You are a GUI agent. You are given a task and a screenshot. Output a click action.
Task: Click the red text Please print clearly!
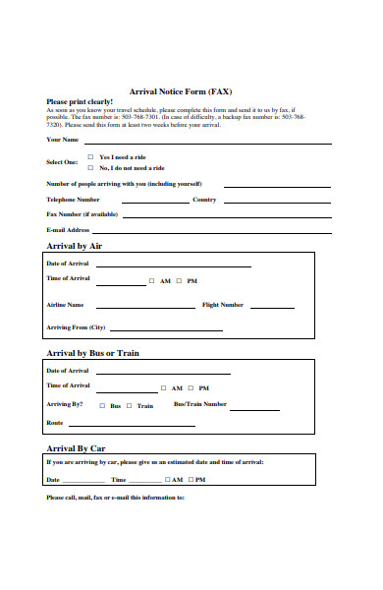pos(80,101)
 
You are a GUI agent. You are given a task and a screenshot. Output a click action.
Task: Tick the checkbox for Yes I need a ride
pos(91,156)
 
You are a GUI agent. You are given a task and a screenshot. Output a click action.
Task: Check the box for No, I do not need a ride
pos(91,167)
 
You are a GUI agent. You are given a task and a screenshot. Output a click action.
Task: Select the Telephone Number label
pos(74,199)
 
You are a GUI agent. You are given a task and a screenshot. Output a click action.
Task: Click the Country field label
pos(204,199)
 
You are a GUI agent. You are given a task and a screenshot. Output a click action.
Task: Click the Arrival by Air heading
pos(75,246)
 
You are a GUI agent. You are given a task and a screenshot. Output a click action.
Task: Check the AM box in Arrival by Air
pos(152,280)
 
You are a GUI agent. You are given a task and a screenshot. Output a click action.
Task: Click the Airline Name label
pos(65,305)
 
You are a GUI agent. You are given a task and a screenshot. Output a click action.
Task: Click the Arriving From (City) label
pos(76,327)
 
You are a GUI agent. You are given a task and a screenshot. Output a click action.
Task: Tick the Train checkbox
pos(130,405)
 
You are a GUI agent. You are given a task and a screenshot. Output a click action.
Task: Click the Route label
pos(55,423)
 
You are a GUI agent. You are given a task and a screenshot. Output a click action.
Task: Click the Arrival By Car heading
pos(77,447)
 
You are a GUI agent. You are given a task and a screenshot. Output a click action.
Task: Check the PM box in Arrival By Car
pos(191,480)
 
